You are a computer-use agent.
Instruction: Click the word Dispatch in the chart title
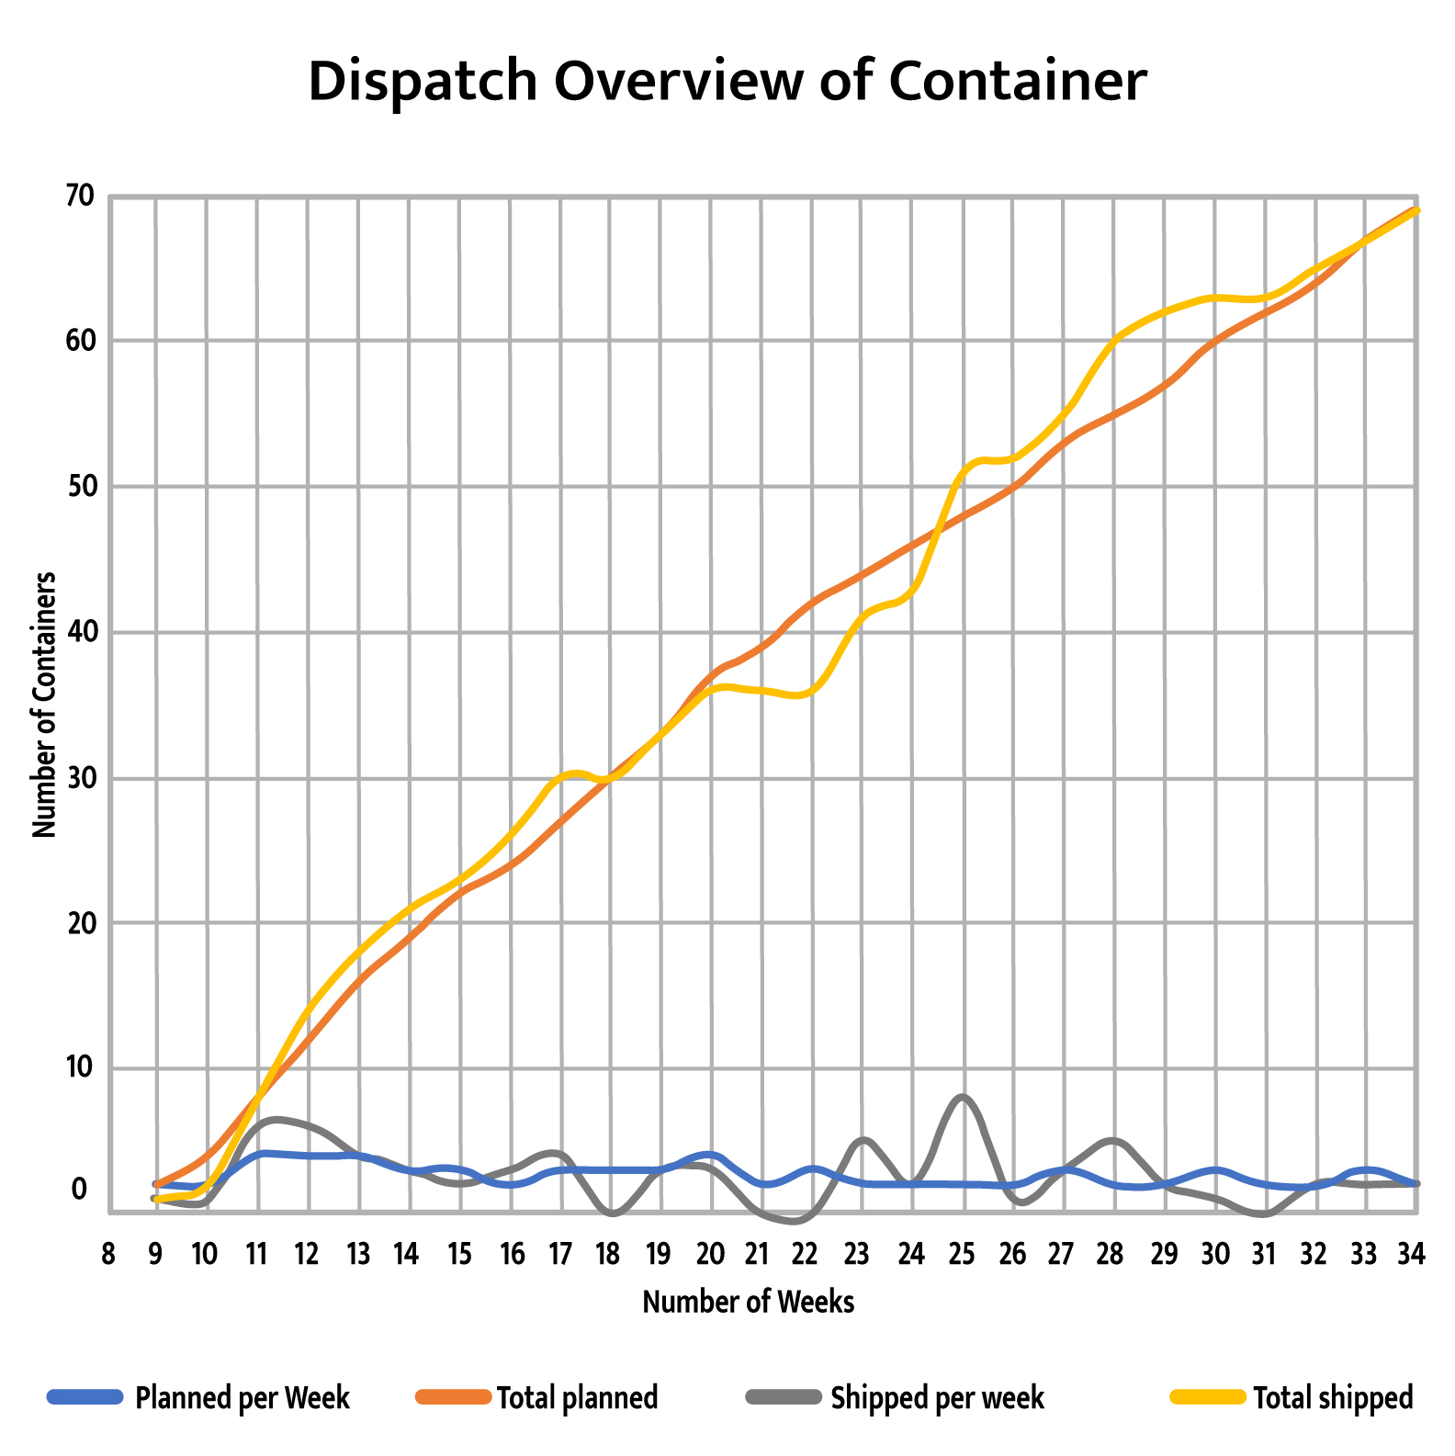tap(422, 81)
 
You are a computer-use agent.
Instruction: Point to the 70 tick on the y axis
tap(80, 195)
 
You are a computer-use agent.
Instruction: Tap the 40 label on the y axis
tap(80, 632)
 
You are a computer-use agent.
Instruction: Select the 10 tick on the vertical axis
tap(80, 1067)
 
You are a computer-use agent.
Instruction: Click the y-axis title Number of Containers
tap(44, 705)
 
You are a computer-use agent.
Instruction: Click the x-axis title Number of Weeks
tap(748, 1302)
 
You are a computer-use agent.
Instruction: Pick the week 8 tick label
tap(108, 1254)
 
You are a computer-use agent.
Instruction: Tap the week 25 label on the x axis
tap(962, 1254)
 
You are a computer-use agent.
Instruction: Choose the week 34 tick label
tap(1411, 1254)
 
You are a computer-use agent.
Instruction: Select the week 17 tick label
tap(560, 1254)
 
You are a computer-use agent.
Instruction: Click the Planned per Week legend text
tap(242, 1397)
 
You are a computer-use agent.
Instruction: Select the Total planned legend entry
tap(577, 1397)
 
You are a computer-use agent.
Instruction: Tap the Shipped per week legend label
tap(937, 1397)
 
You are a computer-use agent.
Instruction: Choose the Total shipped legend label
tap(1333, 1397)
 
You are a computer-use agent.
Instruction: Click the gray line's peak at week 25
tap(962, 1097)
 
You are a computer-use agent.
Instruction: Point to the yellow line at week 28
tap(1113, 341)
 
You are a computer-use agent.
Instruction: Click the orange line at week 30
tap(1216, 341)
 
